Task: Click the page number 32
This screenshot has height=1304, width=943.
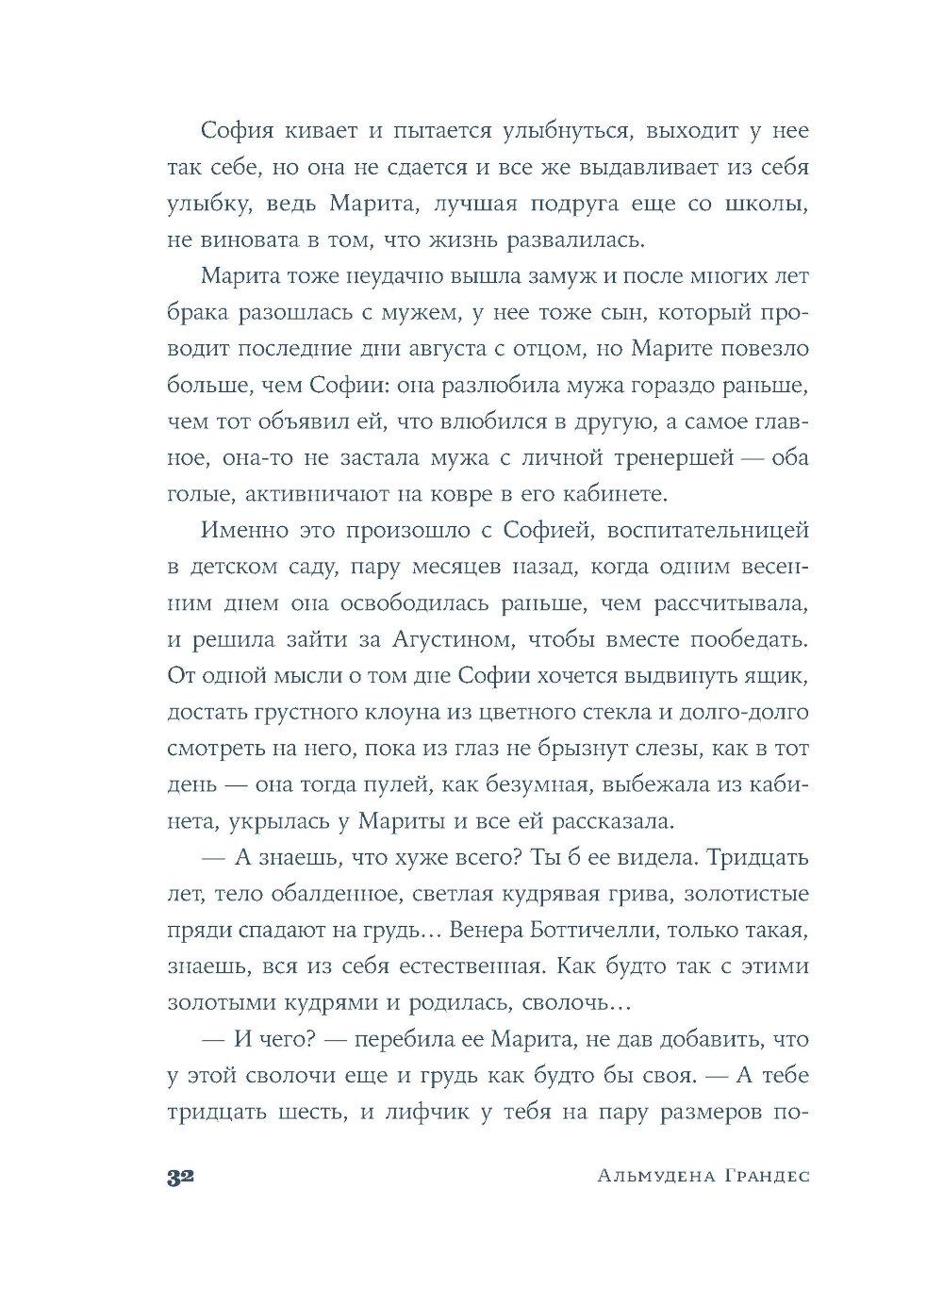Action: click(179, 1178)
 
